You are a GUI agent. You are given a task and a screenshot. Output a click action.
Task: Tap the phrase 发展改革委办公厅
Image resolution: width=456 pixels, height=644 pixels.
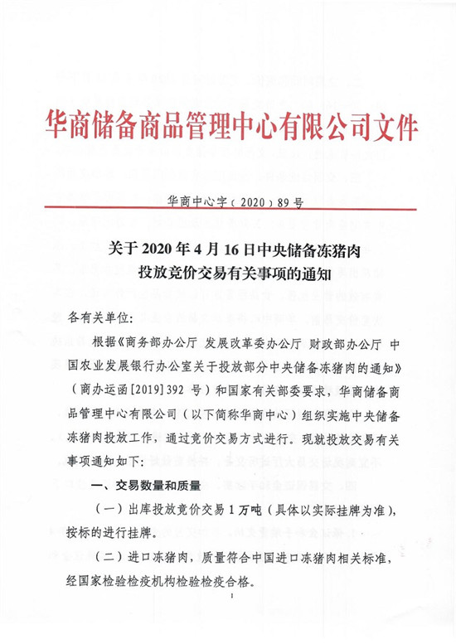tap(245, 342)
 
